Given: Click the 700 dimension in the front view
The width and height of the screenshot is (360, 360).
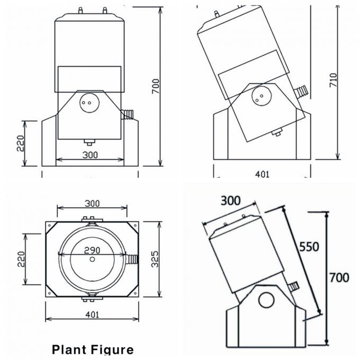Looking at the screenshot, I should pyautogui.click(x=156, y=86).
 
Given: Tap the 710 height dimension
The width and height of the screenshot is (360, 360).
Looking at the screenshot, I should pyautogui.click(x=333, y=79).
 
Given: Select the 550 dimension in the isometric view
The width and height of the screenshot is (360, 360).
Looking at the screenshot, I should pyautogui.click(x=309, y=247).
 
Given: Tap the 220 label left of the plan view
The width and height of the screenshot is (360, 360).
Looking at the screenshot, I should pyautogui.click(x=21, y=257).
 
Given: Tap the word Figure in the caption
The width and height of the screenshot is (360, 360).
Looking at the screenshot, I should pyautogui.click(x=112, y=350).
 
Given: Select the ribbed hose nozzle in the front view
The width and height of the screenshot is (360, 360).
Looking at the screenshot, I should pyautogui.click(x=129, y=113).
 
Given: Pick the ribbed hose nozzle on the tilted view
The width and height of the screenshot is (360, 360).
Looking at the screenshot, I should pyautogui.click(x=302, y=91).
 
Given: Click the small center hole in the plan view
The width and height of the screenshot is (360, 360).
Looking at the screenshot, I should pyautogui.click(x=93, y=259).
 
